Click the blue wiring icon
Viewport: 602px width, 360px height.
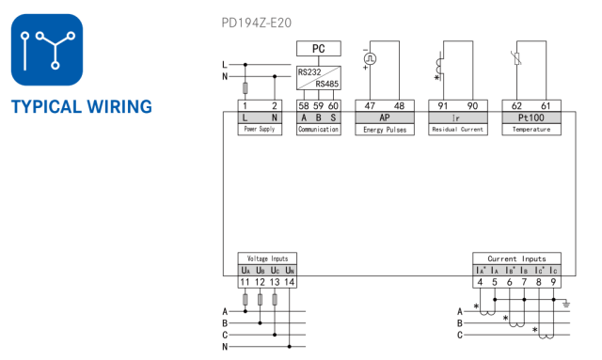tap(47, 50)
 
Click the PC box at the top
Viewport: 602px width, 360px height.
tap(318, 47)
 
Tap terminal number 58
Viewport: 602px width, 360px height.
tap(304, 105)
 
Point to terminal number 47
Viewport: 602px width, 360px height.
tap(371, 105)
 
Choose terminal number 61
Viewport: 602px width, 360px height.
tap(545, 105)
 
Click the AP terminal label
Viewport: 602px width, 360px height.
tap(384, 117)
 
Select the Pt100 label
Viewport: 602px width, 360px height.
tap(531, 117)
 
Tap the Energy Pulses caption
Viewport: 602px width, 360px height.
tap(384, 130)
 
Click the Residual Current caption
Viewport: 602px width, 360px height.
tap(457, 130)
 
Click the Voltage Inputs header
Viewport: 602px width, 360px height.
tap(268, 258)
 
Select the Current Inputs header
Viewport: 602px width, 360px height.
tap(516, 258)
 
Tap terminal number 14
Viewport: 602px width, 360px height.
tap(290, 282)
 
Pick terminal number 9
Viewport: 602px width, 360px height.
tap(554, 282)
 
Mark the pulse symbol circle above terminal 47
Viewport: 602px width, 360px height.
tap(371, 56)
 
